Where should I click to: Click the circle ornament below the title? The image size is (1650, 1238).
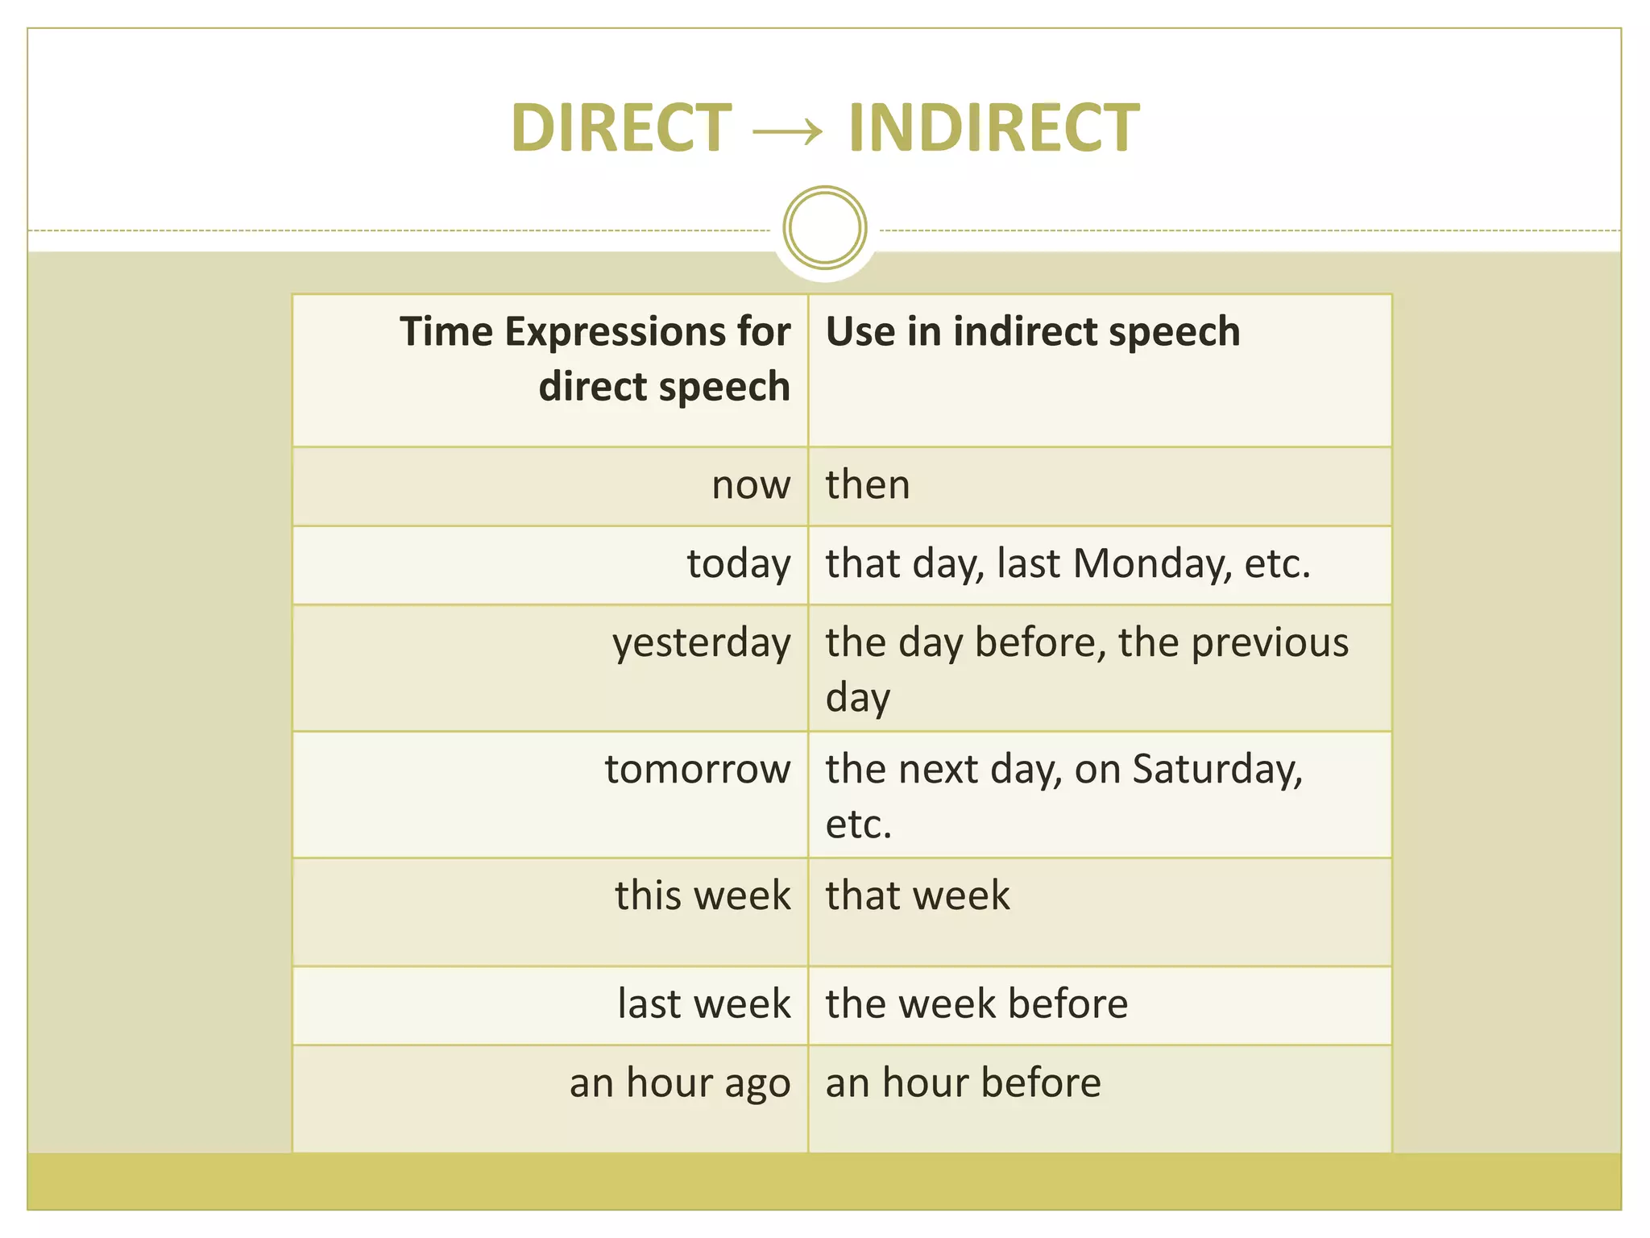coord(824,228)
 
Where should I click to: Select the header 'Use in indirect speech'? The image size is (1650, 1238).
coord(1033,332)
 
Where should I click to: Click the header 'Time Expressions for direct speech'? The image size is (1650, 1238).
coord(595,359)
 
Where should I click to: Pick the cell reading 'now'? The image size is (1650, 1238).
coord(751,485)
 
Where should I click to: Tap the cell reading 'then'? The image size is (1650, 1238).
coord(868,485)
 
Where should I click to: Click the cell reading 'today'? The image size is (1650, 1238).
coord(739,564)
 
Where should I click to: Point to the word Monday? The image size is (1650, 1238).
coord(1152,563)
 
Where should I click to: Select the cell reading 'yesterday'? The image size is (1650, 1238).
coord(701,644)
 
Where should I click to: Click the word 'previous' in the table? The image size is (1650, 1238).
coord(1270,643)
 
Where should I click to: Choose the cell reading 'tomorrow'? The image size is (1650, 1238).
coord(698,770)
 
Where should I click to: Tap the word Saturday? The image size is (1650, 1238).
coord(1217,770)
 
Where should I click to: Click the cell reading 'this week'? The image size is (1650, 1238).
coord(703,896)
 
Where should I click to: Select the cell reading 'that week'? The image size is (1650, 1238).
coord(918,896)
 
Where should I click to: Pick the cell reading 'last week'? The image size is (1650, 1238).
coord(704,1004)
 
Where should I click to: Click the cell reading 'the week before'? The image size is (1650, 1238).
coord(976,1004)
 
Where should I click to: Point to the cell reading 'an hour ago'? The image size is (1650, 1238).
coord(680,1083)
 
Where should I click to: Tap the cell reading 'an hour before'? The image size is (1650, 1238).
coord(963,1082)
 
